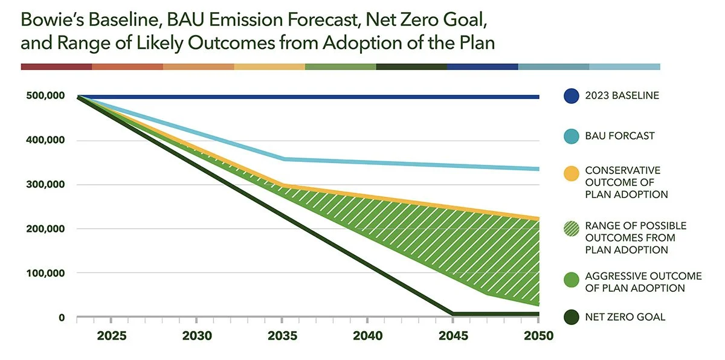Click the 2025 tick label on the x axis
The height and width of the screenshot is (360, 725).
[x=112, y=336]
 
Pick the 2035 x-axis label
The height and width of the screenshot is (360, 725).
[x=283, y=336]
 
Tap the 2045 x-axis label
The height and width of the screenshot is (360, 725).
[x=452, y=336]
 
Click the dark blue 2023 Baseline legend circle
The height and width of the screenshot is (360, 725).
[x=571, y=96]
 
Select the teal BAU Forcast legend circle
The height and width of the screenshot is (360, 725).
[x=571, y=137]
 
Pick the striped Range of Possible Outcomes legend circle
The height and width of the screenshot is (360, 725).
[x=571, y=228]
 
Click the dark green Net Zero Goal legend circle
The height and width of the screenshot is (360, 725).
[x=571, y=317]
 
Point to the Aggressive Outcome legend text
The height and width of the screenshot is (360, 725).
[x=643, y=282]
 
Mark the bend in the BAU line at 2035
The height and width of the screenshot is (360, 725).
[x=283, y=159]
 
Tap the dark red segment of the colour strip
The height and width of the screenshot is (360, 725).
[x=56, y=66]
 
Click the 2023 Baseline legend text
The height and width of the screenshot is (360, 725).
[x=622, y=96]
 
